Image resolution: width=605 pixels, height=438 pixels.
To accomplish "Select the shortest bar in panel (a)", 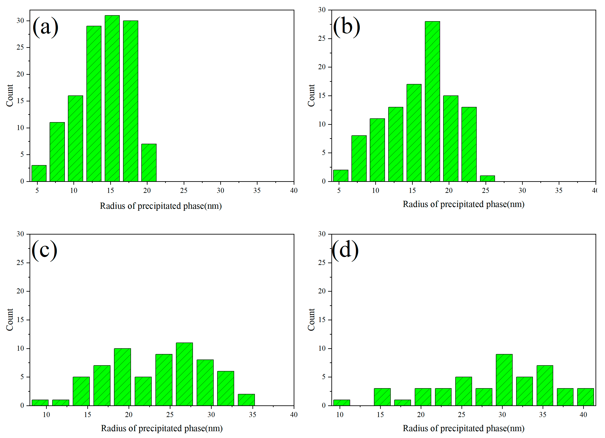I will click(x=39, y=173).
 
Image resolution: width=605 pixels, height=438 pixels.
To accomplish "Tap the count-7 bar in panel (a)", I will click(x=149, y=163).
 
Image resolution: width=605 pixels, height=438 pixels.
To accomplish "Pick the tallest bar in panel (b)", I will click(x=432, y=101).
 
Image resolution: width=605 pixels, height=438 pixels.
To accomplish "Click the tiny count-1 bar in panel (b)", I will click(x=487, y=179).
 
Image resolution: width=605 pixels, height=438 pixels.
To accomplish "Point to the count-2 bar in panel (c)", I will click(x=246, y=400).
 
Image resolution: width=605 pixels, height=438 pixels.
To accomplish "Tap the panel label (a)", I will click(x=45, y=27).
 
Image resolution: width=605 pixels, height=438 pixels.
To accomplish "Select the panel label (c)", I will click(x=44, y=250).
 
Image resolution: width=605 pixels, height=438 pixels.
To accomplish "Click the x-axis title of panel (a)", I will click(x=161, y=206).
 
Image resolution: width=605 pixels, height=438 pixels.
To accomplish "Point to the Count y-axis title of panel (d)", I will click(x=311, y=320).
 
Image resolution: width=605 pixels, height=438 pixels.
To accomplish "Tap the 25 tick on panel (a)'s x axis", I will click(x=183, y=190).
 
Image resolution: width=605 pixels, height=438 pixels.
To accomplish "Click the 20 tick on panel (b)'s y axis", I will click(x=322, y=67).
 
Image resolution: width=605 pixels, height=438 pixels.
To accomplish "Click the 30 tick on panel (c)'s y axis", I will click(x=20, y=234).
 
